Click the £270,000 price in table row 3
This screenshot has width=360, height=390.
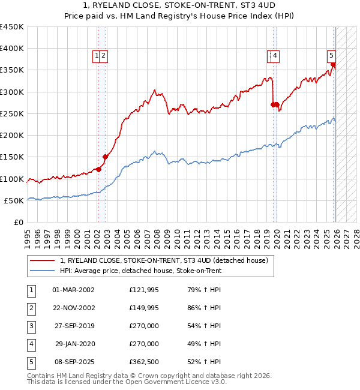coord(144,327)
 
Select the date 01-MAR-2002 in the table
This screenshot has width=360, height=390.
coord(73,290)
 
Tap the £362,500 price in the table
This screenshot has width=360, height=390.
coord(144,362)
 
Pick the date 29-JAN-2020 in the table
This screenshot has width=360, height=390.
coord(73,344)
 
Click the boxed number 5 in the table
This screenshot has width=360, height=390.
coord(30,362)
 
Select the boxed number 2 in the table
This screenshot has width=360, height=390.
coord(30,308)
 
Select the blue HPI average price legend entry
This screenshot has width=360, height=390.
coord(140,271)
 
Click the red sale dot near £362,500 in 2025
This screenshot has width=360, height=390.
coord(334,65)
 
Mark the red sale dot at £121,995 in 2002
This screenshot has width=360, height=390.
coord(98,169)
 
